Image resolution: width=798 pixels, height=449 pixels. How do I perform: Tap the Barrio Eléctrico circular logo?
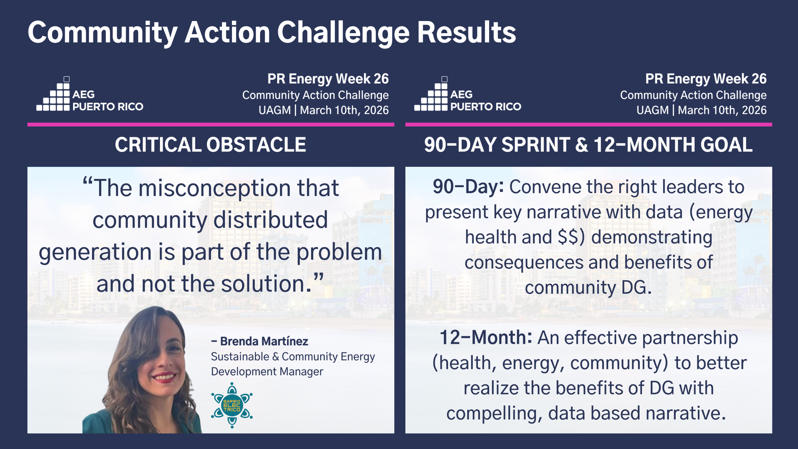pyautogui.click(x=232, y=405)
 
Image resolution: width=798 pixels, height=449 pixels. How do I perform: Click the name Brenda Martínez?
pyautogui.click(x=264, y=341)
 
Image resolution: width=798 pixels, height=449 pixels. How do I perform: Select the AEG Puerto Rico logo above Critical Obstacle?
pyautogui.click(x=90, y=94)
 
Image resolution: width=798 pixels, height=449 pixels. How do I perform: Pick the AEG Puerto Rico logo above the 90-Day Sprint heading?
pyautogui.click(x=467, y=94)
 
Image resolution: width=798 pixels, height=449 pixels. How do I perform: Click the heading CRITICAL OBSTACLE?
pyautogui.click(x=211, y=145)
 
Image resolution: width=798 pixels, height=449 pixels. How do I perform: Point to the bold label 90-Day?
pyautogui.click(x=468, y=187)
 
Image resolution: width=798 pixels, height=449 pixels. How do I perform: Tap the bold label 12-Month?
pyautogui.click(x=486, y=337)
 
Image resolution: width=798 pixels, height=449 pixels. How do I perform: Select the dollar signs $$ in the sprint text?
pyautogui.click(x=568, y=237)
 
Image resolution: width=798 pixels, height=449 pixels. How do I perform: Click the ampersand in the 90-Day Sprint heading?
pyautogui.click(x=582, y=145)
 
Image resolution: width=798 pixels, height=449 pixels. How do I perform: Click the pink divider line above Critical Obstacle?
pyautogui.click(x=211, y=124)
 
